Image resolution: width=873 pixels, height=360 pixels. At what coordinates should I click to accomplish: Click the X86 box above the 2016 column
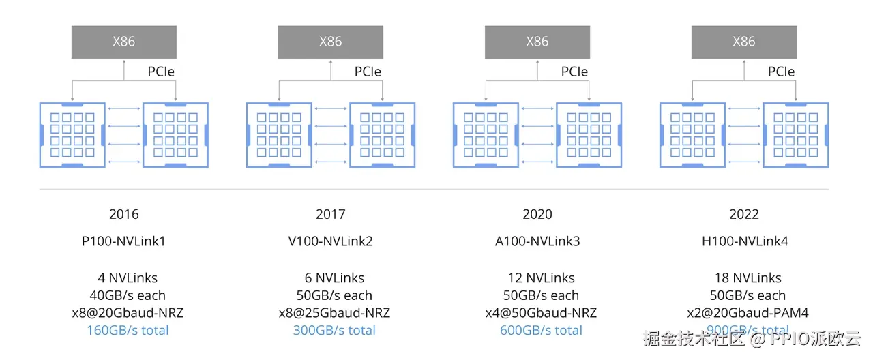tap(123, 42)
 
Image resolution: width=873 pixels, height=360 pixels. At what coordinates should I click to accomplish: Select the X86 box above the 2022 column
tap(743, 42)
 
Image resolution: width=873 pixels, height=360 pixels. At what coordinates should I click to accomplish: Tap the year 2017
tap(330, 214)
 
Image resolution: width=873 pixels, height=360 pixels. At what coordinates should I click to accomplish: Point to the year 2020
tap(537, 214)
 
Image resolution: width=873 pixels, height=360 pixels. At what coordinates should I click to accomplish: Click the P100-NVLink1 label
tap(123, 241)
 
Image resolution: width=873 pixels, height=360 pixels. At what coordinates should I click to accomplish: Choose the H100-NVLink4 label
tap(744, 241)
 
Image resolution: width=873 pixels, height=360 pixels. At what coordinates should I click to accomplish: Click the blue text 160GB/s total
tap(128, 331)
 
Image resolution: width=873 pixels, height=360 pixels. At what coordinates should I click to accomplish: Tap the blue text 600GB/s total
tap(541, 331)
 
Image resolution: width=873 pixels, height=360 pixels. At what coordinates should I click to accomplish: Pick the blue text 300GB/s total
tap(334, 331)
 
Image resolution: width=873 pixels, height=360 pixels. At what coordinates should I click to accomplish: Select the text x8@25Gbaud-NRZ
tap(334, 313)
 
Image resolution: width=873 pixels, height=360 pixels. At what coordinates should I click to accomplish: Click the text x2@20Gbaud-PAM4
tap(748, 313)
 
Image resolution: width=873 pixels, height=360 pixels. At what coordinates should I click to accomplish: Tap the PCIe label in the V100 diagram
tap(368, 72)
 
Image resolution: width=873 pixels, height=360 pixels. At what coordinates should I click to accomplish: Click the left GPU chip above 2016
tap(72, 135)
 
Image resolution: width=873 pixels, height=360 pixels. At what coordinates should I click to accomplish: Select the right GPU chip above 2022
tap(795, 135)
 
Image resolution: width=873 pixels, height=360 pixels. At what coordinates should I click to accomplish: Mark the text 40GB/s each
tap(128, 295)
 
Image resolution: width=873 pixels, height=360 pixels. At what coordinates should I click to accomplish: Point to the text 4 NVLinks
tap(128, 278)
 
